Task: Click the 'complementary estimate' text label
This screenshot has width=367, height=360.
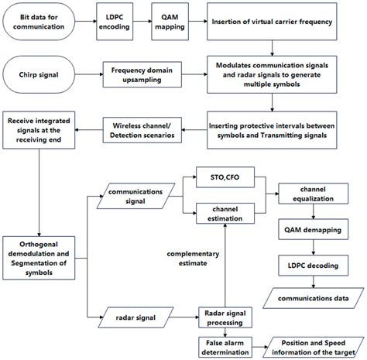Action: [189, 259]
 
